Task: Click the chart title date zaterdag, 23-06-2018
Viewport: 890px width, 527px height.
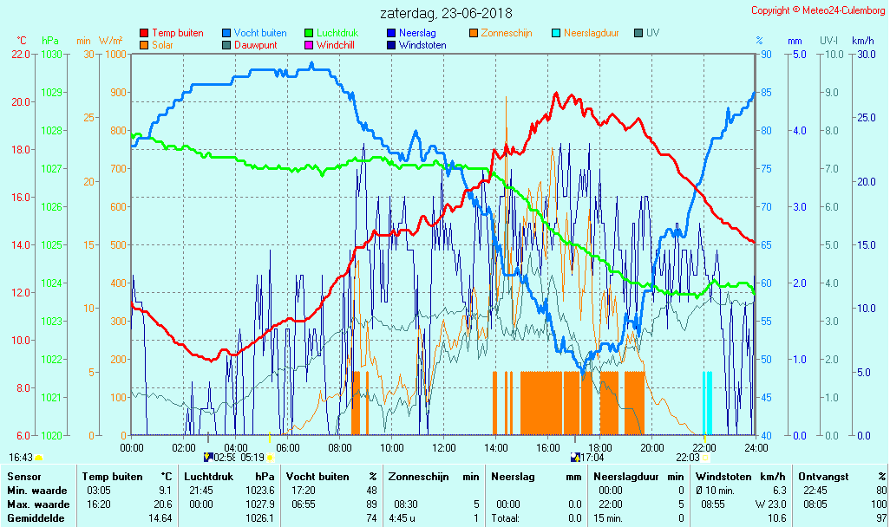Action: click(446, 14)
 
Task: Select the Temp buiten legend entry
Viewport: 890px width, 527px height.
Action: click(177, 33)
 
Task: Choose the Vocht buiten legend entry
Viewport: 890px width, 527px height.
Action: click(259, 33)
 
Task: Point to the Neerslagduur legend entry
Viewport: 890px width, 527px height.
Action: click(591, 33)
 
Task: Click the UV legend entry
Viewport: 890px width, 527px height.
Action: click(652, 33)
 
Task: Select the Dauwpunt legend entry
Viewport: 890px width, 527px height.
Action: click(255, 45)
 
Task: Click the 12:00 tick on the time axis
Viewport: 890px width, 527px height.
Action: click(444, 447)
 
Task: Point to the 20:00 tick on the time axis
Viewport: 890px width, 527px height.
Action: click(652, 447)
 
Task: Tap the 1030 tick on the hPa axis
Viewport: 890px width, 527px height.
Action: click(51, 54)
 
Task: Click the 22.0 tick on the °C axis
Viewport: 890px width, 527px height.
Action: click(21, 54)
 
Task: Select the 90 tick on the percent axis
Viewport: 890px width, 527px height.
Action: click(766, 54)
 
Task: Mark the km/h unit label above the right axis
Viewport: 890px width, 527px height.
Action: click(862, 41)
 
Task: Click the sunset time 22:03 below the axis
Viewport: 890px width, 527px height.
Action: click(688, 457)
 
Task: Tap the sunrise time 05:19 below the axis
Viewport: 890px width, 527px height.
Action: click(252, 457)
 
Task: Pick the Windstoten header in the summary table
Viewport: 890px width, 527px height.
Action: click(720, 477)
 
